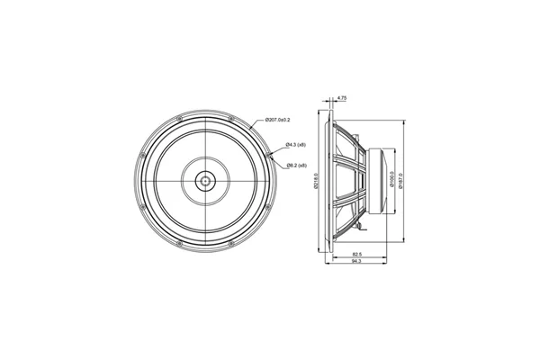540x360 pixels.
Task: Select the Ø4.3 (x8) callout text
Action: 297,144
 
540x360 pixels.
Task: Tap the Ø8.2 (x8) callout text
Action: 297,166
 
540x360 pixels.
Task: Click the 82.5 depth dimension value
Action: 357,255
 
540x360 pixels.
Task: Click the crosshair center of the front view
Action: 206,180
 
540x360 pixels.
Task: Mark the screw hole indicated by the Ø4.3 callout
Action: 270,154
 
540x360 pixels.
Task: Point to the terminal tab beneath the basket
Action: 356,231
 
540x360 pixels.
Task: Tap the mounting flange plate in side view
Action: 325,180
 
